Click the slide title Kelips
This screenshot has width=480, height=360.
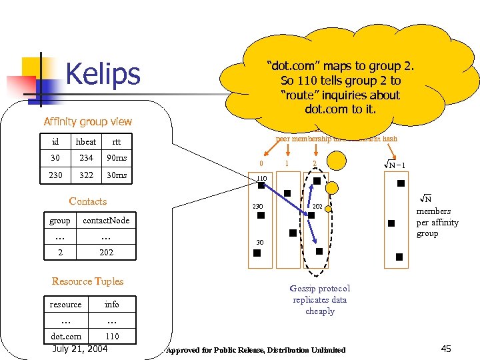103,74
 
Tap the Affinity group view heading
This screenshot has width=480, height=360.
87,121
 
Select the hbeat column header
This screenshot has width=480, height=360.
85,141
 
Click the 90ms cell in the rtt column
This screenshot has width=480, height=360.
117,158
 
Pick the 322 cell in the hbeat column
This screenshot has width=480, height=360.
85,175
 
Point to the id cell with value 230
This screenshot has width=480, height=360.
55,175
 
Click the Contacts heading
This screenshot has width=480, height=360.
87,201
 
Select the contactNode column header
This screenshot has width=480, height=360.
106,220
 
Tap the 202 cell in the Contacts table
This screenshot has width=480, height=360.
106,252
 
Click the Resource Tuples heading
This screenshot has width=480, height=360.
87,281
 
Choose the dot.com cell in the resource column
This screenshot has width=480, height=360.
66,336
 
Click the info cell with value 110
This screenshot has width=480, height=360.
112,336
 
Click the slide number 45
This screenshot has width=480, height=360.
446,348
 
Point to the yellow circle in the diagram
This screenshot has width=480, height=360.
338,161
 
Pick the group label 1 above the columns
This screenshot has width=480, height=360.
287,164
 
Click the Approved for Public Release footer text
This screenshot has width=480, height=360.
256,350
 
